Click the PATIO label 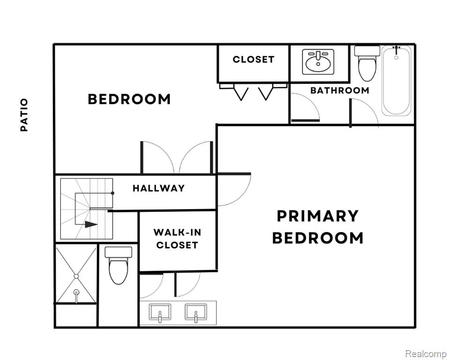tap(24, 115)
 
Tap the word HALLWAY tap(159, 188)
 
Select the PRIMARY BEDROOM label tap(317, 227)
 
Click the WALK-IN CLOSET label tap(177, 239)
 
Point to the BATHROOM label tap(339, 90)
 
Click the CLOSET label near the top tap(253, 60)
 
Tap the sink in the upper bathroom tap(318, 62)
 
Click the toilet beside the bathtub tap(367, 63)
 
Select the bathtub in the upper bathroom tap(396, 81)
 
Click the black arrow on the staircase tap(91, 224)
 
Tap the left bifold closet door tap(241, 92)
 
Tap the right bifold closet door tap(266, 92)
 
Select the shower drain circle tap(76, 276)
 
